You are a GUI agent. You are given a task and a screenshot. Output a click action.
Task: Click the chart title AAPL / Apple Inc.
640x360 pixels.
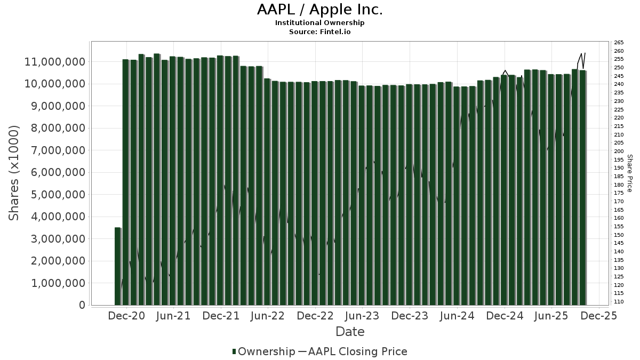[x=319, y=10]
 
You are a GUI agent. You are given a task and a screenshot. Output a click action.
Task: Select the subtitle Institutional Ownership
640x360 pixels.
[x=319, y=23]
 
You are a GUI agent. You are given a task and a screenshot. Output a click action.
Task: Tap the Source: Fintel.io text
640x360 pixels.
[x=319, y=31]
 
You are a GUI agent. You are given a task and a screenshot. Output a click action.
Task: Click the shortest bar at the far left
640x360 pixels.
[x=117, y=266]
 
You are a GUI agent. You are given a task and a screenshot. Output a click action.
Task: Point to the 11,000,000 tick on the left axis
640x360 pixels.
[x=55, y=62]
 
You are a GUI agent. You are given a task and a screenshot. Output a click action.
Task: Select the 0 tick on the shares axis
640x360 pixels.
[x=82, y=305]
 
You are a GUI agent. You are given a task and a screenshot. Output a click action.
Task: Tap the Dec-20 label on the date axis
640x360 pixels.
[x=126, y=316]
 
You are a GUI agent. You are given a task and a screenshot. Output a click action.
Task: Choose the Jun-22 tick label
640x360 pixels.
[x=268, y=316]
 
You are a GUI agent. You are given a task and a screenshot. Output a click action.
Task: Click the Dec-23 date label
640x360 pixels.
[x=410, y=316]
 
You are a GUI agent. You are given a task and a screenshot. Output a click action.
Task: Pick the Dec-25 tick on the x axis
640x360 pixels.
[x=599, y=316]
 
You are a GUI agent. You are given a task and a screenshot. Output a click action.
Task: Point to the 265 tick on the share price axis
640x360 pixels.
[x=619, y=43]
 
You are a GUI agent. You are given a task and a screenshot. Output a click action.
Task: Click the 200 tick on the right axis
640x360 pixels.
[x=619, y=151]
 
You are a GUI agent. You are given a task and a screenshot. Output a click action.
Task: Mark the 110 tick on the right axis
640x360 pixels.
[x=619, y=301]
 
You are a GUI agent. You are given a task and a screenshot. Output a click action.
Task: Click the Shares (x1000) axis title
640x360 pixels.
[x=14, y=173]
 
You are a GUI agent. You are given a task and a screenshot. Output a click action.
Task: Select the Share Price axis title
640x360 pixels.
[x=630, y=173]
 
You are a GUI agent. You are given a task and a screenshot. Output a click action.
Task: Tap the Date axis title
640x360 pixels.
[x=350, y=332]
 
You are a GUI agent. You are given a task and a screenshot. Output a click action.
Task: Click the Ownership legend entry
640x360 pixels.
[x=263, y=351]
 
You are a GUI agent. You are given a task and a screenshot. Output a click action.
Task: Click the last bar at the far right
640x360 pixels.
[x=583, y=187]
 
